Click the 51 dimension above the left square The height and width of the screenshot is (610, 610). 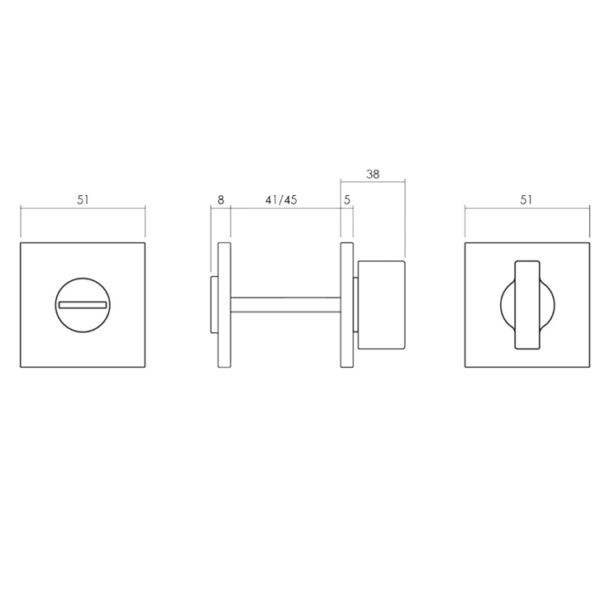click(x=83, y=199)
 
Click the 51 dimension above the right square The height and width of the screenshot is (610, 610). click(x=526, y=199)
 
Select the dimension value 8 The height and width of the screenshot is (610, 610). click(x=221, y=199)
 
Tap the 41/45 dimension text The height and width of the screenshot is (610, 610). click(x=281, y=199)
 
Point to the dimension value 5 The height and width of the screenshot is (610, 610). click(x=347, y=199)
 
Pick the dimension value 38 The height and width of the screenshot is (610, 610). click(x=373, y=174)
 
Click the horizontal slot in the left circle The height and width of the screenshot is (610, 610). click(x=83, y=305)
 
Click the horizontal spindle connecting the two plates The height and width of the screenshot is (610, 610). click(x=285, y=305)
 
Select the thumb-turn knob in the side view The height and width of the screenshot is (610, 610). click(x=381, y=305)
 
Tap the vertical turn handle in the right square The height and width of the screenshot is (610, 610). click(x=527, y=305)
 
